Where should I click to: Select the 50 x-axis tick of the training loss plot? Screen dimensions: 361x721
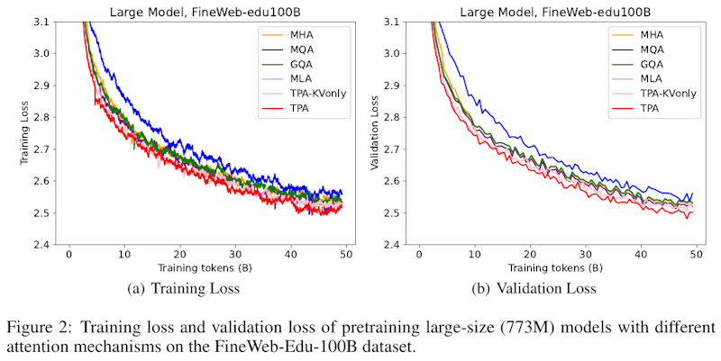[x=345, y=257]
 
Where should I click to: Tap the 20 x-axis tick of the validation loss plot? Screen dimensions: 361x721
[x=530, y=257]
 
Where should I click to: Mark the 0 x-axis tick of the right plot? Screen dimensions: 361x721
[x=419, y=257]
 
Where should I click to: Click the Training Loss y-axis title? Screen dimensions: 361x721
[x=25, y=132]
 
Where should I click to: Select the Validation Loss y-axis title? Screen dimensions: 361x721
[x=377, y=132]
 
